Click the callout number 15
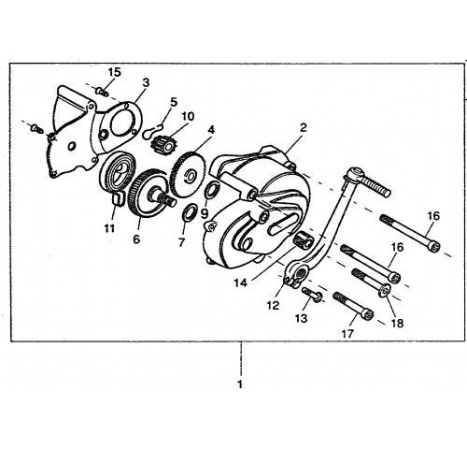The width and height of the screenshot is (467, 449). tap(114, 72)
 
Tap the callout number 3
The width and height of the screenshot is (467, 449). tap(146, 82)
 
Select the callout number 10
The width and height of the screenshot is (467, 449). tap(188, 116)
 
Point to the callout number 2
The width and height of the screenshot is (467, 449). tap(303, 127)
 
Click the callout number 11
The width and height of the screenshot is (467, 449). tap(109, 228)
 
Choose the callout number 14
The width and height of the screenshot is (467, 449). tap(241, 282)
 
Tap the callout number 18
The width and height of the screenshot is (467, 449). tap(397, 323)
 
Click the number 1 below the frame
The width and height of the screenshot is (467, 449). tap(240, 384)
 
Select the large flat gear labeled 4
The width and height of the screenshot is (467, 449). tap(189, 173)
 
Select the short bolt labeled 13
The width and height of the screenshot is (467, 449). tap(312, 295)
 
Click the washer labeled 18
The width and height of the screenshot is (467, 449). tap(385, 290)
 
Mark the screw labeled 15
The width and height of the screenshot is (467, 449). tap(102, 92)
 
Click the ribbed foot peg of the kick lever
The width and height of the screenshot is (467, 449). tap(375, 185)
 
